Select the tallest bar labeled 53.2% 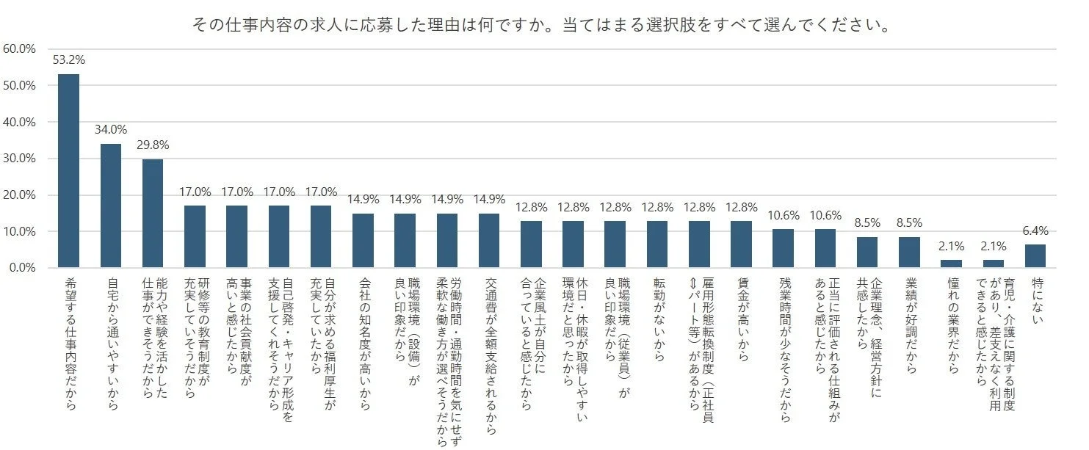click(68, 170)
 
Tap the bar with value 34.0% click(110, 206)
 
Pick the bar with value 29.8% click(153, 214)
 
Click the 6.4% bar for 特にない click(1035, 256)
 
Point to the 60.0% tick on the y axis click(20, 49)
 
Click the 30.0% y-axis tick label click(20, 159)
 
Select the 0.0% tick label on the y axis click(22, 268)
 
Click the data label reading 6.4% click(1034, 231)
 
